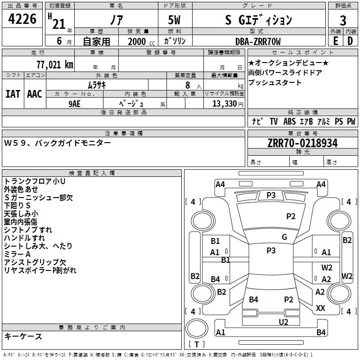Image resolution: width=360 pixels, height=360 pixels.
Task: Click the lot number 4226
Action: (22, 19)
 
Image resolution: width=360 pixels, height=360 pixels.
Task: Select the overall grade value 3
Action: (343, 21)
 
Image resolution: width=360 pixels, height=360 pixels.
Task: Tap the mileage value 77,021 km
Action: (55, 64)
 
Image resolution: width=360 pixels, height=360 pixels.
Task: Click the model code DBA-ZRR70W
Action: (258, 41)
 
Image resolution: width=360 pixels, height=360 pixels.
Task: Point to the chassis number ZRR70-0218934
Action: (302, 143)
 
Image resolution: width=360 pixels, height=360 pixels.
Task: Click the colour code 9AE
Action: (75, 104)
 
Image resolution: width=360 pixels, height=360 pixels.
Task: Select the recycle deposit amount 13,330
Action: (225, 104)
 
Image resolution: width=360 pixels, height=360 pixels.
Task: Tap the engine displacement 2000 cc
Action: (141, 41)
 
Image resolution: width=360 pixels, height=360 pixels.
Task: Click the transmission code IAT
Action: (13, 94)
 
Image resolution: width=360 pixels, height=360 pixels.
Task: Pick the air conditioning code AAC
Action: (35, 94)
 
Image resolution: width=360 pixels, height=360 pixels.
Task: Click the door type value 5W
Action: (174, 20)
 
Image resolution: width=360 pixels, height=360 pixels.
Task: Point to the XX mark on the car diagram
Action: (320, 308)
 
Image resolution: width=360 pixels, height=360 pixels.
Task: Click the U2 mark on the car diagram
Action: (283, 322)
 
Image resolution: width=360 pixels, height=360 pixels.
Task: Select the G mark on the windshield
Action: (284, 237)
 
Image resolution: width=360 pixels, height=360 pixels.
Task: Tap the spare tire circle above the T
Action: (197, 328)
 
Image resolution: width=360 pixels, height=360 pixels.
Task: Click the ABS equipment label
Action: (289, 121)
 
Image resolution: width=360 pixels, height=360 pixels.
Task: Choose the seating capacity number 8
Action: (188, 85)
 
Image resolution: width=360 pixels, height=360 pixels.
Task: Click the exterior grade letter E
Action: (336, 41)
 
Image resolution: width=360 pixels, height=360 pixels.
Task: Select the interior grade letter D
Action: (350, 41)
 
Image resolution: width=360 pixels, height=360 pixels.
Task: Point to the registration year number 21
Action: (59, 24)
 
